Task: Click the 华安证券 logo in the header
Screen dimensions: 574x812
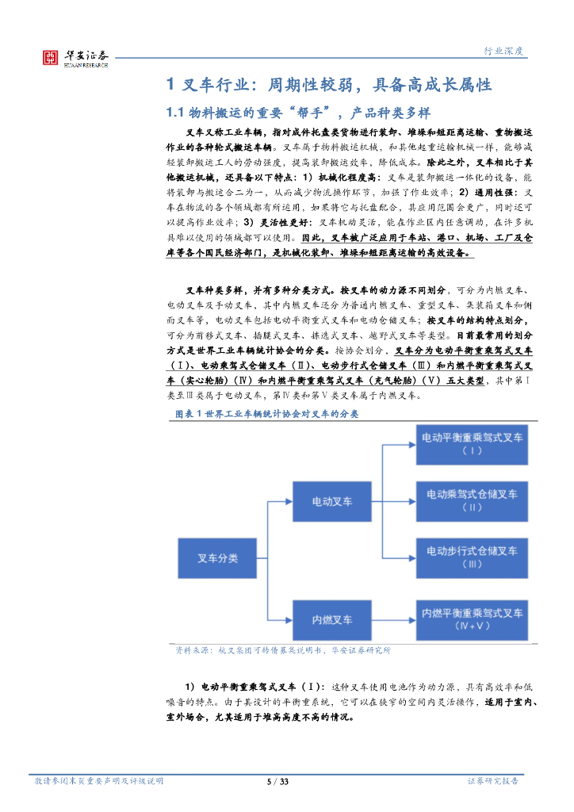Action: (76, 56)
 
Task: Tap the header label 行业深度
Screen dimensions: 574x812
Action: (504, 52)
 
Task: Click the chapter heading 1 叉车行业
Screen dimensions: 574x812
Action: (328, 85)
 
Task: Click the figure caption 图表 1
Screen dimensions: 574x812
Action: (266, 414)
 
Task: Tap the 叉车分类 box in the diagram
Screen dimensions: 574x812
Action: (217, 558)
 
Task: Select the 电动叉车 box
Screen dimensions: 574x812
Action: (332, 501)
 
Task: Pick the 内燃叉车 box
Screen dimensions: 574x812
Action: (332, 618)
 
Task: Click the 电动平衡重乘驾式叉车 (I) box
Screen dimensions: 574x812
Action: (471, 443)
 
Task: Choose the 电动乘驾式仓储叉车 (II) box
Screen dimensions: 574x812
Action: (471, 500)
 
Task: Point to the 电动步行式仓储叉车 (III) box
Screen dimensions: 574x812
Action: (471, 557)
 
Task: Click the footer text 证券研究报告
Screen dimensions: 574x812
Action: (493, 781)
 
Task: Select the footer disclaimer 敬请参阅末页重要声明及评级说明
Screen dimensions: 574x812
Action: (99, 781)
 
